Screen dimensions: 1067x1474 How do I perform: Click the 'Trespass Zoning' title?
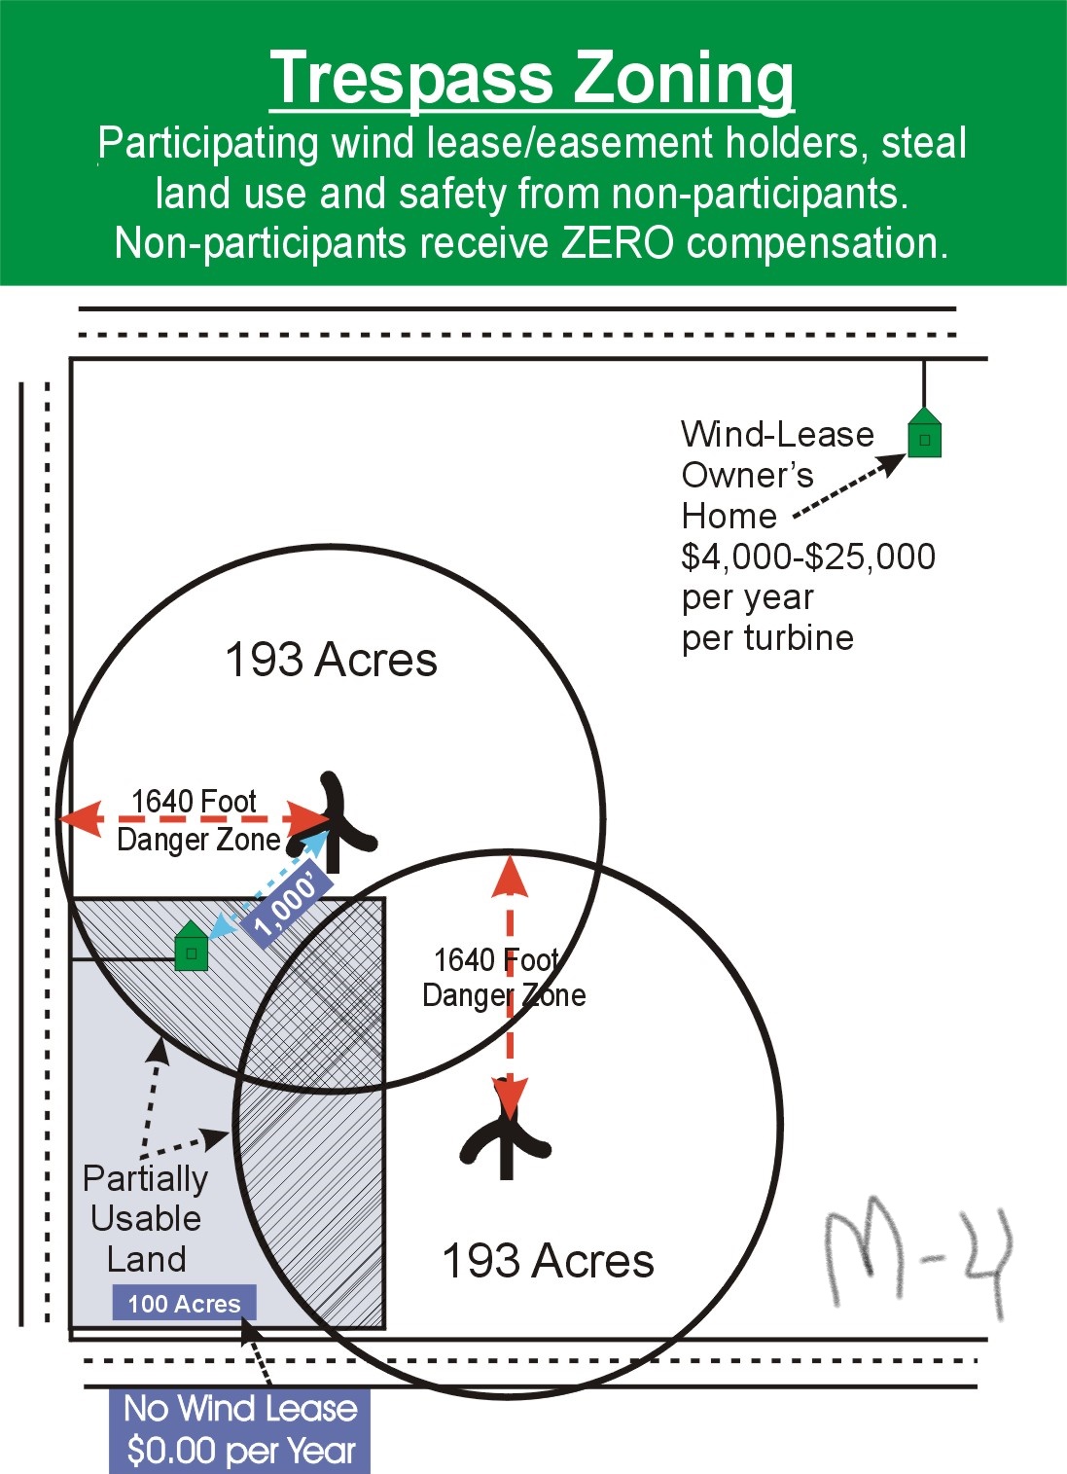pos(531,78)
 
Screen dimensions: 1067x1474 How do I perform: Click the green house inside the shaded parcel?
pos(192,945)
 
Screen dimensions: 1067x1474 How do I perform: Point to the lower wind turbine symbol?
pos(506,1131)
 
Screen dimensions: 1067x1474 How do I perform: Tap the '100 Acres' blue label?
pos(184,1303)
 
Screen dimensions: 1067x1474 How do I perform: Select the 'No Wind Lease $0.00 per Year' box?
pos(240,1430)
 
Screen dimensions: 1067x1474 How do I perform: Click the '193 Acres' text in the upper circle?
pos(331,660)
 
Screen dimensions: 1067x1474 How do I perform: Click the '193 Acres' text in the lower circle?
pos(548,1261)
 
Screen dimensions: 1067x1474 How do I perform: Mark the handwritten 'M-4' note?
pos(918,1260)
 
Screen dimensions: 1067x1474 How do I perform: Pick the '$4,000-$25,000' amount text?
pos(808,557)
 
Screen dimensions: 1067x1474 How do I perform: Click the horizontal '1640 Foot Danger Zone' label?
pos(198,820)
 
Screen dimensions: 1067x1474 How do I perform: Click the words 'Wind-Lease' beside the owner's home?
pos(777,434)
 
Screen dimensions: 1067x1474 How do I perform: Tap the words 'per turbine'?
pos(767,637)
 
